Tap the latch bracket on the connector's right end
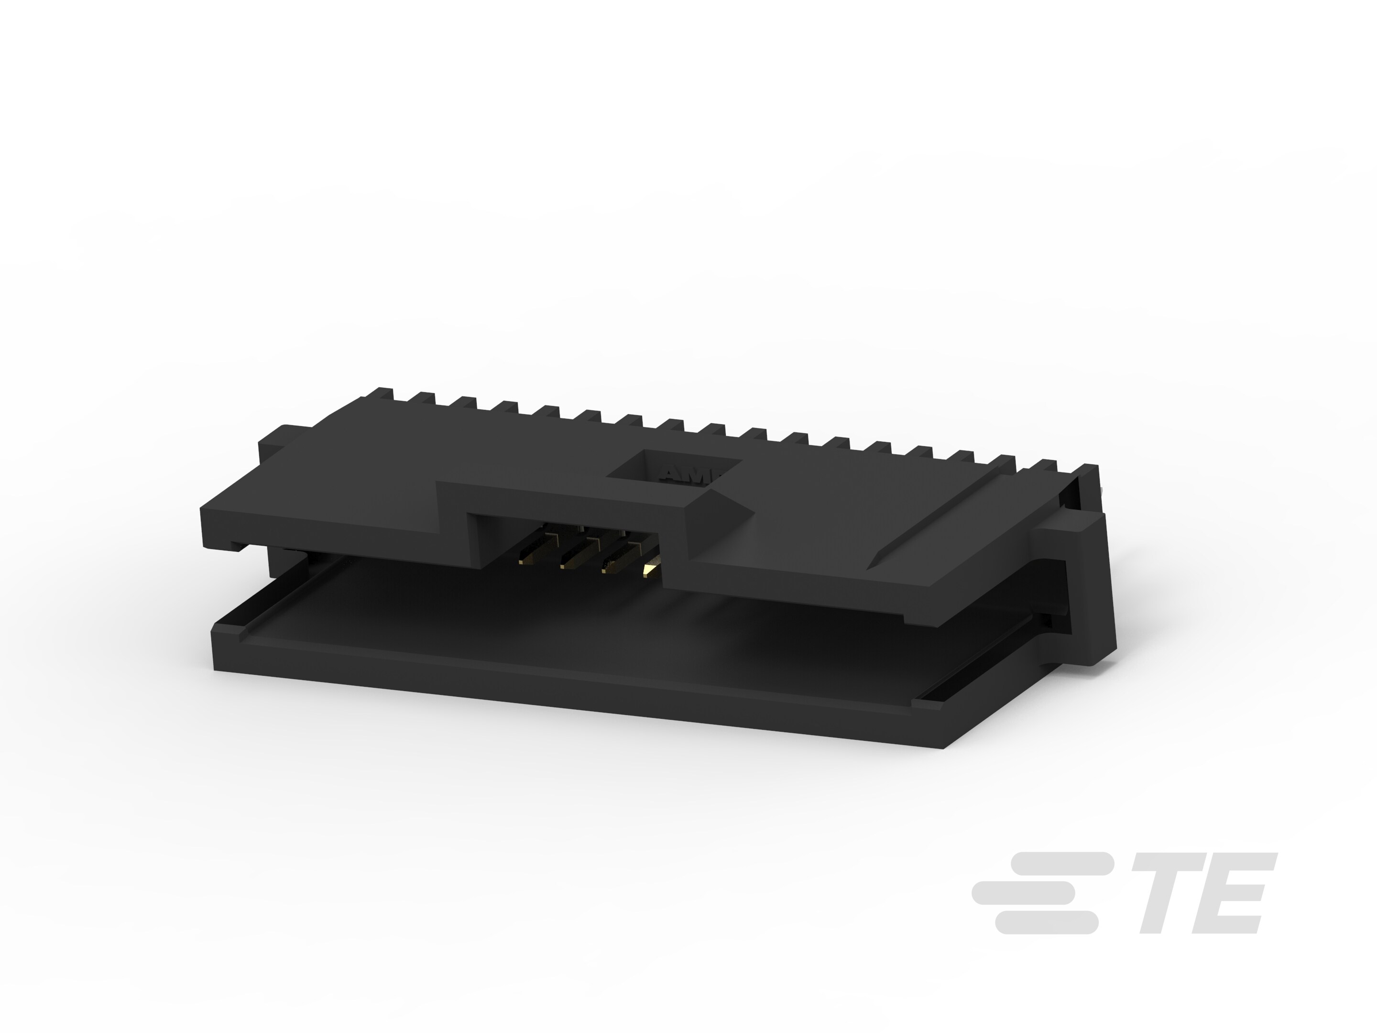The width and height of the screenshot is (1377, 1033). coord(1083,592)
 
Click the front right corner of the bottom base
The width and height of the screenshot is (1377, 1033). coord(943,744)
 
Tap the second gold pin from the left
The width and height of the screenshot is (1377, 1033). coord(576,554)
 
